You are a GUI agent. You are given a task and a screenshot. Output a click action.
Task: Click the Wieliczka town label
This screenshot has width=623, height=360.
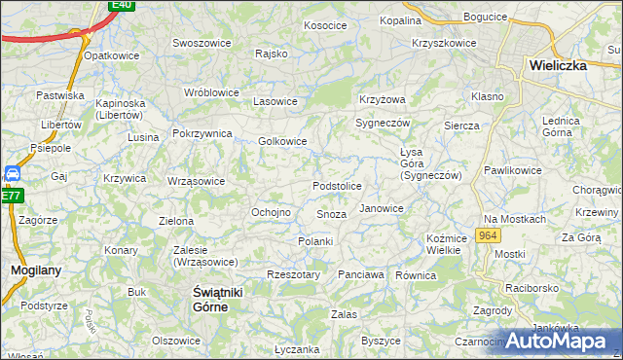(x=568, y=66)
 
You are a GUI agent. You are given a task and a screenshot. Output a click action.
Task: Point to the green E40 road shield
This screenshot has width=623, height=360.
(x=121, y=5)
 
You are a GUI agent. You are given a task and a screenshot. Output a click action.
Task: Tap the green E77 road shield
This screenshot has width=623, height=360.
(x=11, y=196)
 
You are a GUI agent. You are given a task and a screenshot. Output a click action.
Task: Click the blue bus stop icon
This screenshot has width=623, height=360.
(x=13, y=174)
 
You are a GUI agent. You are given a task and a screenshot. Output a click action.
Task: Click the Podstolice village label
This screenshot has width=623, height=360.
(x=337, y=186)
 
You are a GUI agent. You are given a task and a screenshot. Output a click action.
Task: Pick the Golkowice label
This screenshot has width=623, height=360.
(x=283, y=141)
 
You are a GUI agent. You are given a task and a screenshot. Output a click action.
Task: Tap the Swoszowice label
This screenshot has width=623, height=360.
(x=201, y=43)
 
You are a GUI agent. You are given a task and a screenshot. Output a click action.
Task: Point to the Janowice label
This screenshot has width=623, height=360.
(x=382, y=208)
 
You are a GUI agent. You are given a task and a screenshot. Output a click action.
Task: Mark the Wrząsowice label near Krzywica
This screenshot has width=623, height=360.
(x=196, y=181)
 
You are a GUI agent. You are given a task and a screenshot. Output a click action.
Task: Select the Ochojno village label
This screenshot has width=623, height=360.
(x=272, y=212)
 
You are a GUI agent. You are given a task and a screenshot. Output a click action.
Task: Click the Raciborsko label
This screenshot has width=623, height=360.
(x=530, y=289)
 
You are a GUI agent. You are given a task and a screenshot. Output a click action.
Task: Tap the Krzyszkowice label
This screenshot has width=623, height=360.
(x=444, y=44)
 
